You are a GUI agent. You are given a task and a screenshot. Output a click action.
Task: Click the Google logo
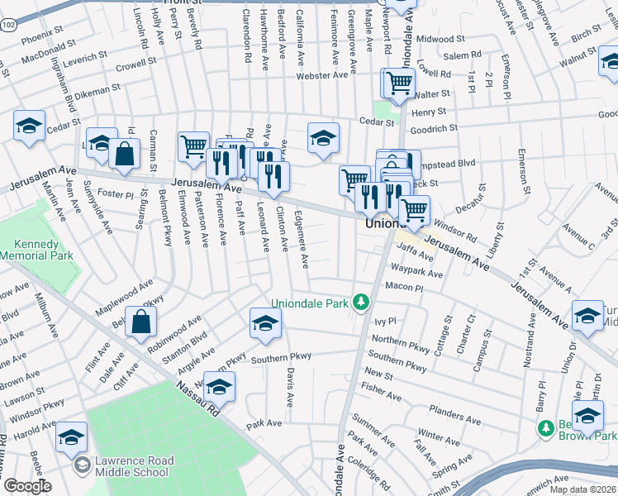pos(26,486)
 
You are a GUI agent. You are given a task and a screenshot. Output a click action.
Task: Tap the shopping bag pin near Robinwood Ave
pos(141,324)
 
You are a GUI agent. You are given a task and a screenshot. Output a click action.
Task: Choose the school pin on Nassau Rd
pos(219,386)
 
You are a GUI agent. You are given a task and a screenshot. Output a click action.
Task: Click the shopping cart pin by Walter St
pos(399,83)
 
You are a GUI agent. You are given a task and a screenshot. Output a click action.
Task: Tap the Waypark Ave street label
pos(417,273)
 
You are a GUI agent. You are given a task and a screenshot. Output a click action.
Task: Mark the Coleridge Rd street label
pos(368,474)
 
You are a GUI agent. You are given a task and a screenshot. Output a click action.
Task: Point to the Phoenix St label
pos(42,39)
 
